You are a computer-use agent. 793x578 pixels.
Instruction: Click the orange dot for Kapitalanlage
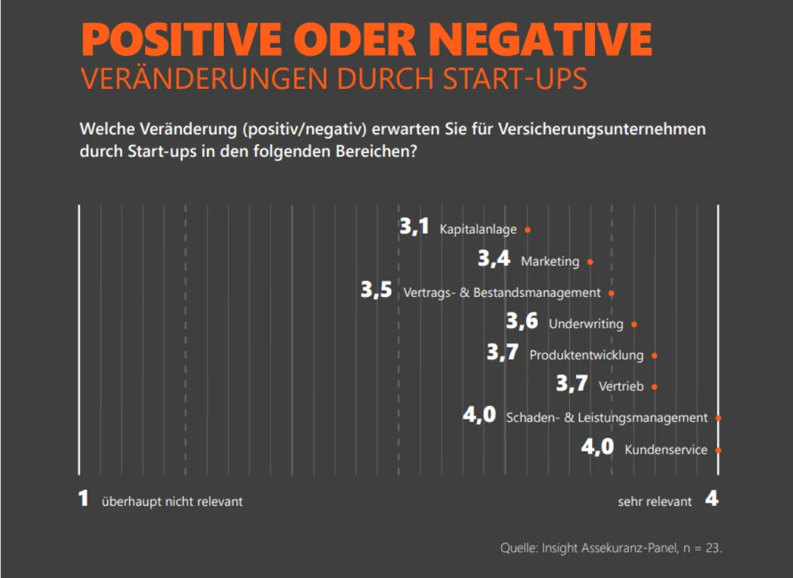tap(528, 230)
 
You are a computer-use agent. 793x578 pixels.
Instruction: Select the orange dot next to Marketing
tap(590, 262)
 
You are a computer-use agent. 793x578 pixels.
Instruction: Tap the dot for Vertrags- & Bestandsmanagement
tap(612, 293)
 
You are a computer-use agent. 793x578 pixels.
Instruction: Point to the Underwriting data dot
tap(634, 324)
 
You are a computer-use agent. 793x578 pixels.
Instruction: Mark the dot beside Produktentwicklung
tap(655, 355)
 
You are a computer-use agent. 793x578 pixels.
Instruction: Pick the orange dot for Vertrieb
tap(655, 387)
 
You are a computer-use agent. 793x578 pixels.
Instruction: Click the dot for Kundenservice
tap(718, 450)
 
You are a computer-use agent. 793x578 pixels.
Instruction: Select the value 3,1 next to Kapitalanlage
tap(415, 227)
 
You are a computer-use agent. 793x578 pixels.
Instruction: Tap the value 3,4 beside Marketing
tap(494, 259)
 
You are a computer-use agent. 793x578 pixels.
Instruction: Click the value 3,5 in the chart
tap(377, 291)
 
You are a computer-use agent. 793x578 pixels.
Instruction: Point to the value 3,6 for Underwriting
tap(522, 321)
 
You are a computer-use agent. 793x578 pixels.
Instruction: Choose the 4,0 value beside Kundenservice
tap(598, 447)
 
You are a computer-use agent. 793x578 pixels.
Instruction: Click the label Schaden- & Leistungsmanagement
tap(607, 418)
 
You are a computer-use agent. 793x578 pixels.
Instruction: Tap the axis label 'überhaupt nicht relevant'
tap(172, 501)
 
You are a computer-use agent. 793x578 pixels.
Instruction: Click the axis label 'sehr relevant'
tap(655, 501)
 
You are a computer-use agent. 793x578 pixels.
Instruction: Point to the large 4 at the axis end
tap(712, 499)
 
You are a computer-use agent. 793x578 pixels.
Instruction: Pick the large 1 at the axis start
tap(83, 499)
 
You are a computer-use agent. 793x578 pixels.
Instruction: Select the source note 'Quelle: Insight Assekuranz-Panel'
tap(611, 547)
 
